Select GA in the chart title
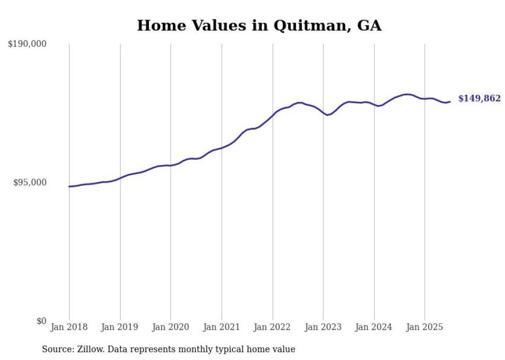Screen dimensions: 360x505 [x=369, y=26]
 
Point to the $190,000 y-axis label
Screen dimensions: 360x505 [x=27, y=44]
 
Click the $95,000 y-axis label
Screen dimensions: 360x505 [x=29, y=182]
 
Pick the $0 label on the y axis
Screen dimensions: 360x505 [x=41, y=321]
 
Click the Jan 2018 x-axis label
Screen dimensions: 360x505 [x=69, y=327]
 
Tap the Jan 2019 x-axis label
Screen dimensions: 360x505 [x=120, y=327]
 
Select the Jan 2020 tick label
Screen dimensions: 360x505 [x=171, y=327]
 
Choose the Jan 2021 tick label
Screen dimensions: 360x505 [x=222, y=327]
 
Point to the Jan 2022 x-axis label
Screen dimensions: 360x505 [x=273, y=327]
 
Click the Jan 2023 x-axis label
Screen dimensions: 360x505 [x=323, y=327]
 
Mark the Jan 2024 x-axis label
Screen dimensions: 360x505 [x=374, y=327]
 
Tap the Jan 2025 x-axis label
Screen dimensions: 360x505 [x=425, y=327]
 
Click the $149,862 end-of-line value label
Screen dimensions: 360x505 [x=479, y=98]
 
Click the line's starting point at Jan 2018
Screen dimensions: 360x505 [x=69, y=186]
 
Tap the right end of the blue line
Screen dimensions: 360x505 [x=450, y=101]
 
